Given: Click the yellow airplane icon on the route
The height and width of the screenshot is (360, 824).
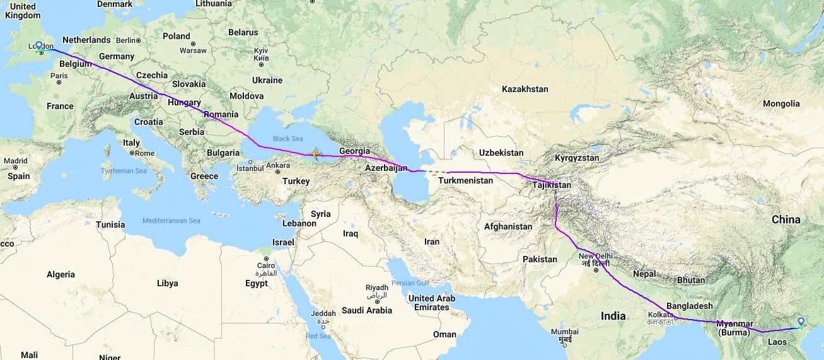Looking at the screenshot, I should [315, 153].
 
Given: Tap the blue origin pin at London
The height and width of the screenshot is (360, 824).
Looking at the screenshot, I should [38, 46].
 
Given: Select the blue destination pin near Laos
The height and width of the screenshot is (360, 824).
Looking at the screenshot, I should [800, 322].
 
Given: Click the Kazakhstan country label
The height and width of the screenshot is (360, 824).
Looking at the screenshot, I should [525, 90].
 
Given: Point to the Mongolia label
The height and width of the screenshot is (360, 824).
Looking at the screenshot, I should [780, 103].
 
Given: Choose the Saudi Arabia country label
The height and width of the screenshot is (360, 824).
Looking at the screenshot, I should [367, 310].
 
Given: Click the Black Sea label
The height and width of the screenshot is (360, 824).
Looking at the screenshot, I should [287, 139].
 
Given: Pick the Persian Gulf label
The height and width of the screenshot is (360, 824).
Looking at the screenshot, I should [410, 282].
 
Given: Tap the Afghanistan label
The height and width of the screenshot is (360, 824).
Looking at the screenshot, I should [508, 226].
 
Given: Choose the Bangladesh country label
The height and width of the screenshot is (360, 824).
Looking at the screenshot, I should [689, 306].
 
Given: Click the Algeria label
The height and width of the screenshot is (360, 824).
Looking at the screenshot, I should [61, 274].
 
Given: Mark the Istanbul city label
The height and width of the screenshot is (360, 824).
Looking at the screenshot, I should [250, 168].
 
